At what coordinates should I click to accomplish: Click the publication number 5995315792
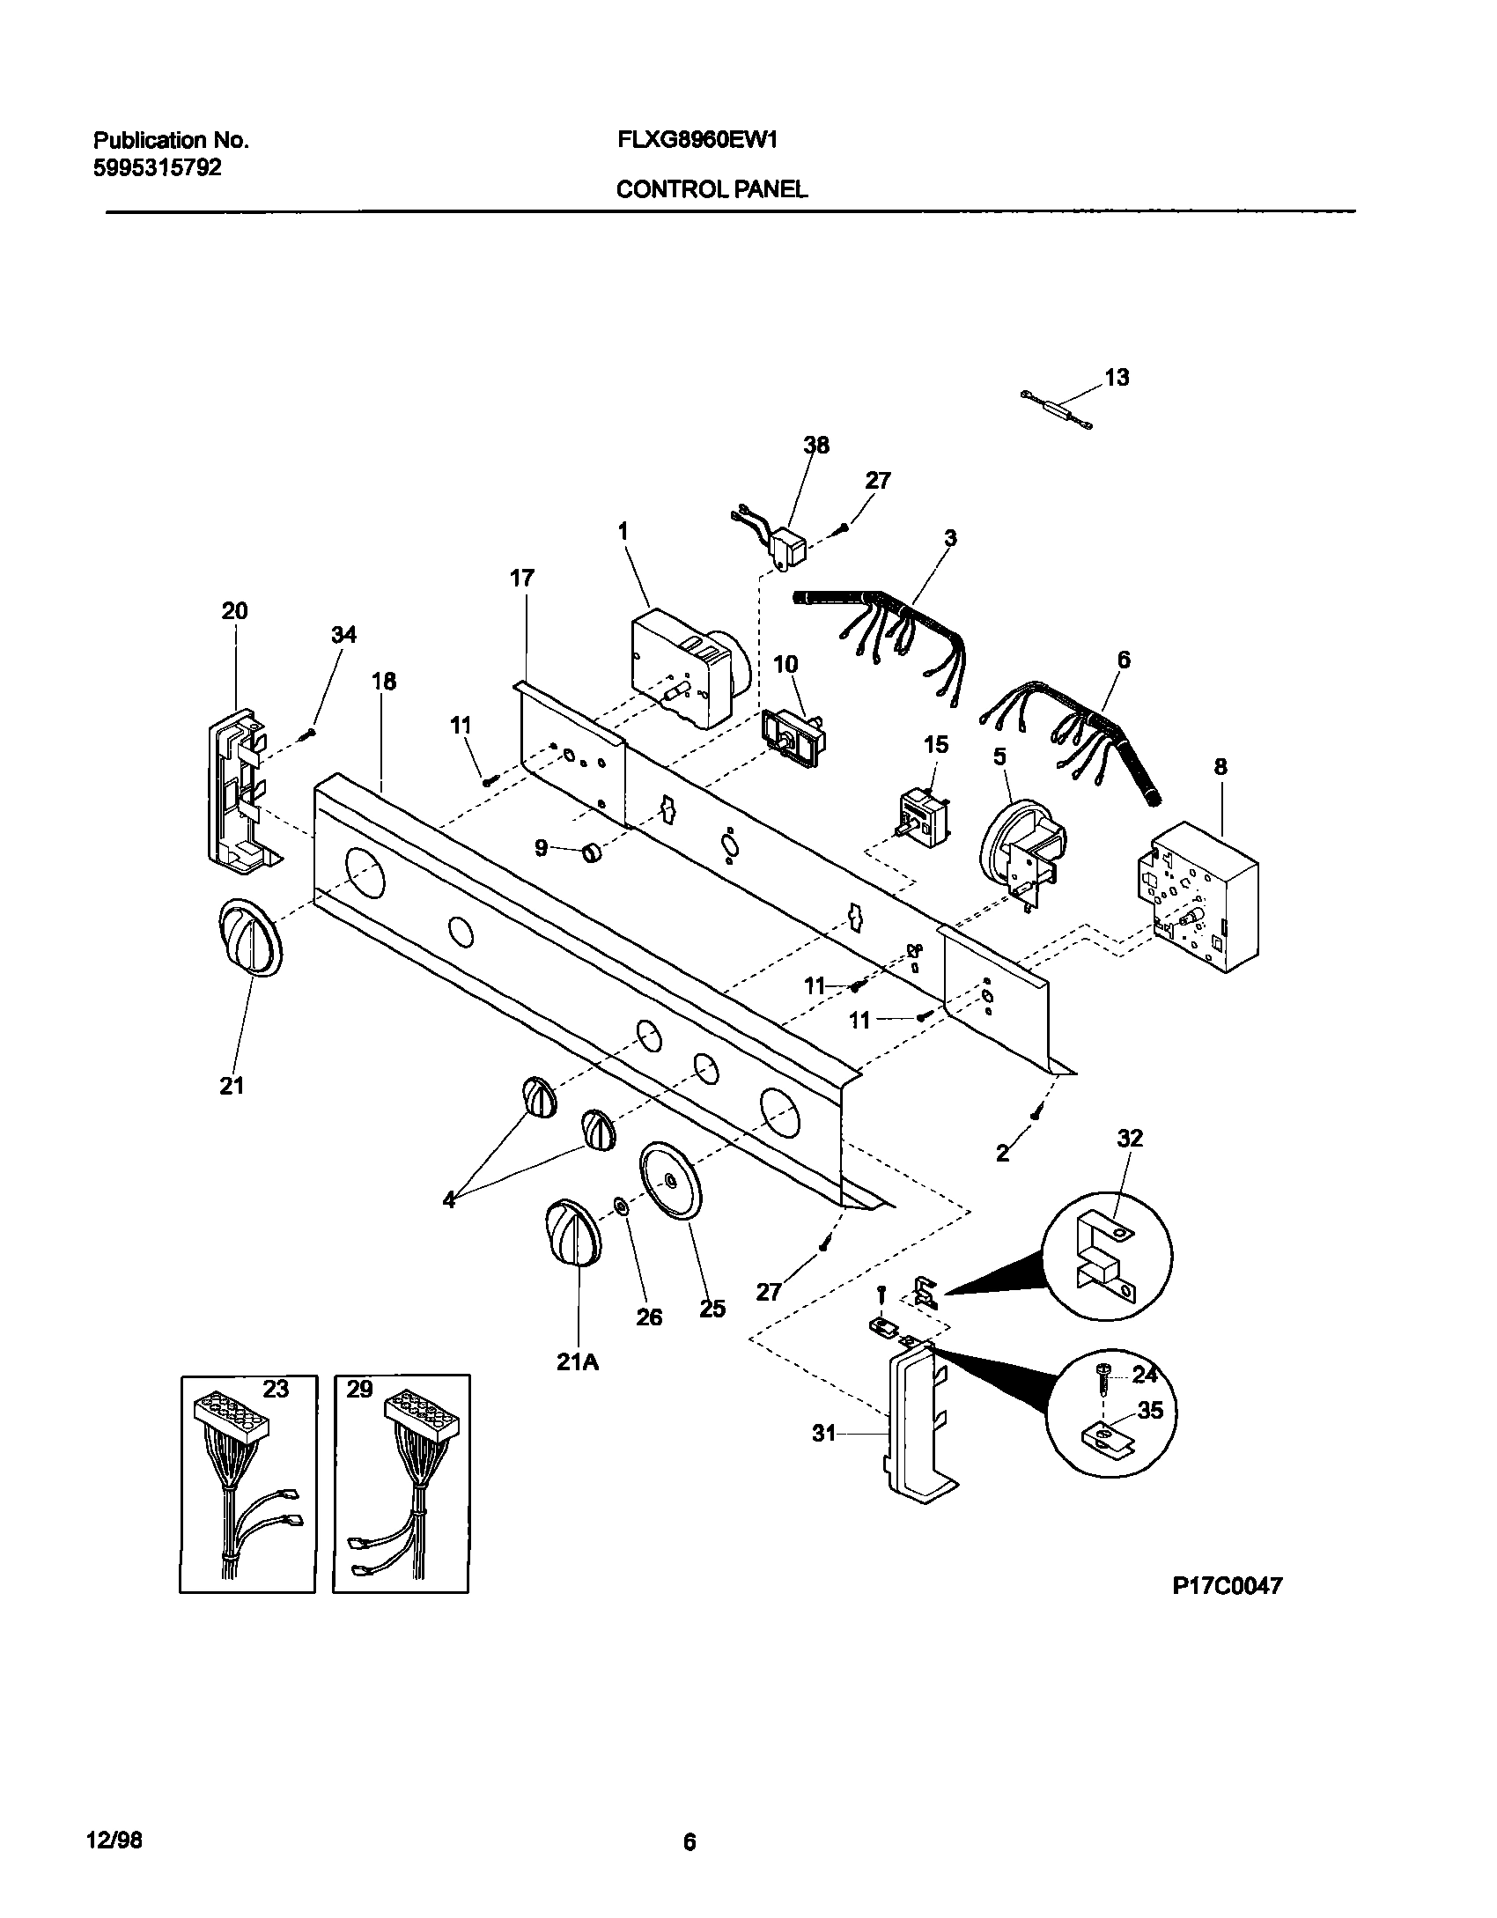pyautogui.click(x=157, y=167)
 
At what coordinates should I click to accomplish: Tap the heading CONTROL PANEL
pyautogui.click(x=712, y=189)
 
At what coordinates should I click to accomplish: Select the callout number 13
pyautogui.click(x=1116, y=378)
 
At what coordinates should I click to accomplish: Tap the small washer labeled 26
pyautogui.click(x=620, y=1204)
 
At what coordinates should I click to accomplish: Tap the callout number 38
pyautogui.click(x=816, y=446)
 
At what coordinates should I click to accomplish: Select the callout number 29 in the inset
pyautogui.click(x=359, y=1389)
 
